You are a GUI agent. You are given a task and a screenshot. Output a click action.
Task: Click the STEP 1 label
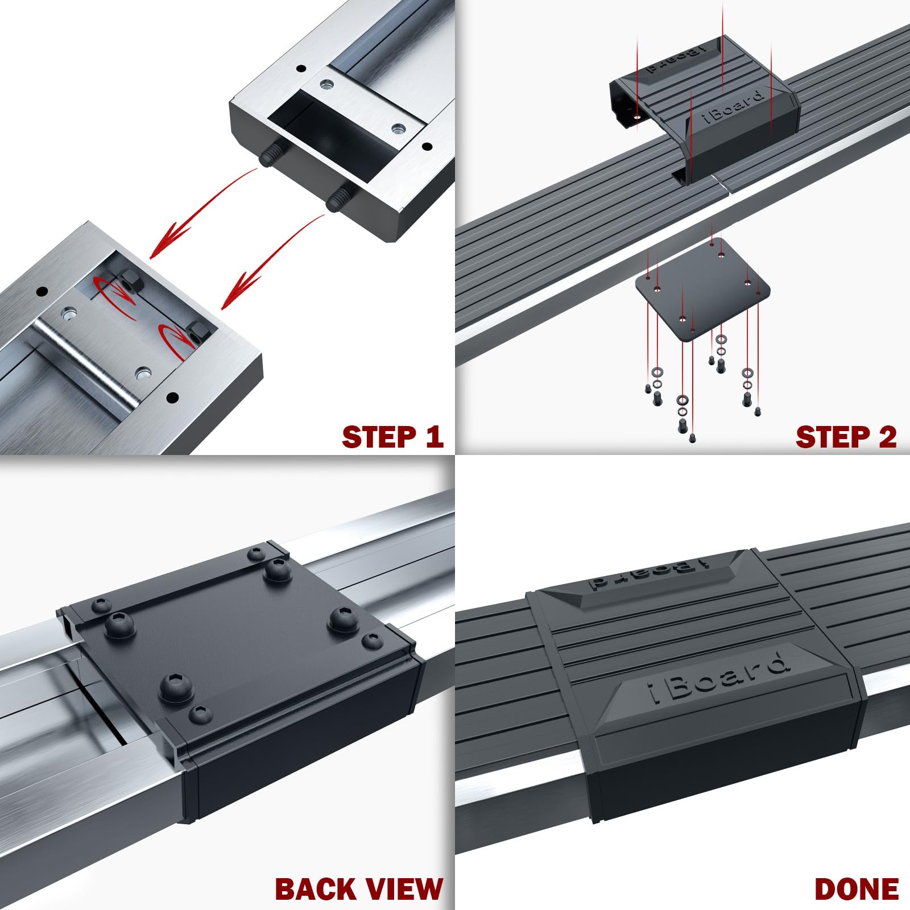(392, 437)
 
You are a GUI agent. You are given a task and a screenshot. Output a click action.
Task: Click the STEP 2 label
(846, 437)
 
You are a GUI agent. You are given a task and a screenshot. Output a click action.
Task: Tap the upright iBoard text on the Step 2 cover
(731, 108)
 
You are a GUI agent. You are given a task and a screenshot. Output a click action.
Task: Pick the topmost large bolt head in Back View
(279, 568)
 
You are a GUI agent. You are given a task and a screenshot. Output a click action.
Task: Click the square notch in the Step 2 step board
(678, 177)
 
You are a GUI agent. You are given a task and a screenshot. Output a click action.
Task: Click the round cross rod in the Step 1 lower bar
(85, 364)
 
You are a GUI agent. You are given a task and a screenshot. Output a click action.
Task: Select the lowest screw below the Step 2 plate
(692, 439)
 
